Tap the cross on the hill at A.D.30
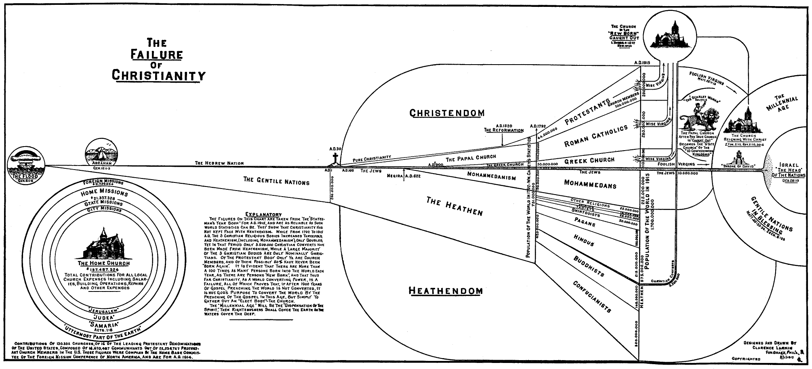(x=334, y=159)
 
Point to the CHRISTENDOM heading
(x=447, y=113)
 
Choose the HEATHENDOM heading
(x=446, y=291)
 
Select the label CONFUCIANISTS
(x=592, y=296)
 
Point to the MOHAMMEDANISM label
(x=491, y=176)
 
